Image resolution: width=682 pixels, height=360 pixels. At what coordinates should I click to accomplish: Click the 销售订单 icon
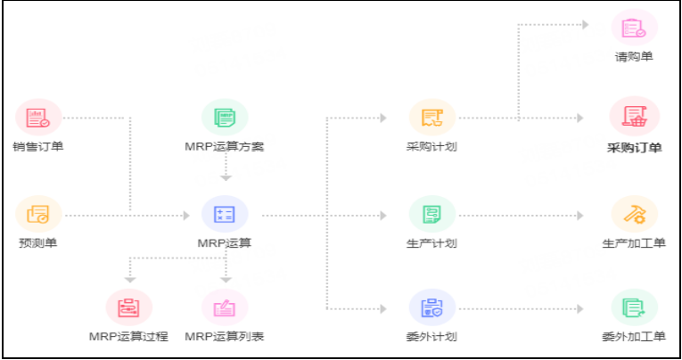[x=38, y=117]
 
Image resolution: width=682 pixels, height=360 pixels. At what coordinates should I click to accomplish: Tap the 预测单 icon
[x=38, y=215]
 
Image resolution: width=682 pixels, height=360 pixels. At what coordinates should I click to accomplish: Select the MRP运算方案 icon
[x=225, y=117]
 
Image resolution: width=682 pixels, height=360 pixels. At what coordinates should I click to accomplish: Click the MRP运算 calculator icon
[x=225, y=215]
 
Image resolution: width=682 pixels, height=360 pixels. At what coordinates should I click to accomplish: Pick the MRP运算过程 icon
[x=128, y=307]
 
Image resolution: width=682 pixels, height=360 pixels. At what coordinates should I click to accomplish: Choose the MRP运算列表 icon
[x=225, y=307]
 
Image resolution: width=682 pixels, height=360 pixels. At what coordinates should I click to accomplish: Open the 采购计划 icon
[x=432, y=117]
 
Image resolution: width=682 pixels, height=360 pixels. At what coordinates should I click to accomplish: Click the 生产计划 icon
[x=432, y=215]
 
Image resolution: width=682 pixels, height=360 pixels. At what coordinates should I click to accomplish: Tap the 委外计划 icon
[x=432, y=307]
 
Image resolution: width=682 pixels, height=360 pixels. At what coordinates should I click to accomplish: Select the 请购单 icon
[x=634, y=27]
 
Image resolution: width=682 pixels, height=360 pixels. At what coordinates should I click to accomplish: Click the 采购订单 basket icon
[x=634, y=117]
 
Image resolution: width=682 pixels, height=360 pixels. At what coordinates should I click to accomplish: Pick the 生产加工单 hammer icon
[x=634, y=215]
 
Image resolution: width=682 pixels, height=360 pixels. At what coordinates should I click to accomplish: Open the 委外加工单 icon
[x=634, y=307]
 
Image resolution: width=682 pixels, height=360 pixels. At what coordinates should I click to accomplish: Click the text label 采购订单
[x=634, y=148]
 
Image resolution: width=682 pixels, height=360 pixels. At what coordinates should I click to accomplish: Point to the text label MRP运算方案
[x=225, y=146]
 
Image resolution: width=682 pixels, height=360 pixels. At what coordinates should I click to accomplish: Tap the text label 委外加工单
[x=634, y=337]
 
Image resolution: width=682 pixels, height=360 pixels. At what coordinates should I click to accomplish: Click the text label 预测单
[x=38, y=243]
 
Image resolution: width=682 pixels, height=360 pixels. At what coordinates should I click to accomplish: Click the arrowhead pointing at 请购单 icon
[x=585, y=25]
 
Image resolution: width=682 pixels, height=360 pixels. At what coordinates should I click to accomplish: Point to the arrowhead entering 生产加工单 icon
[x=585, y=215]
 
